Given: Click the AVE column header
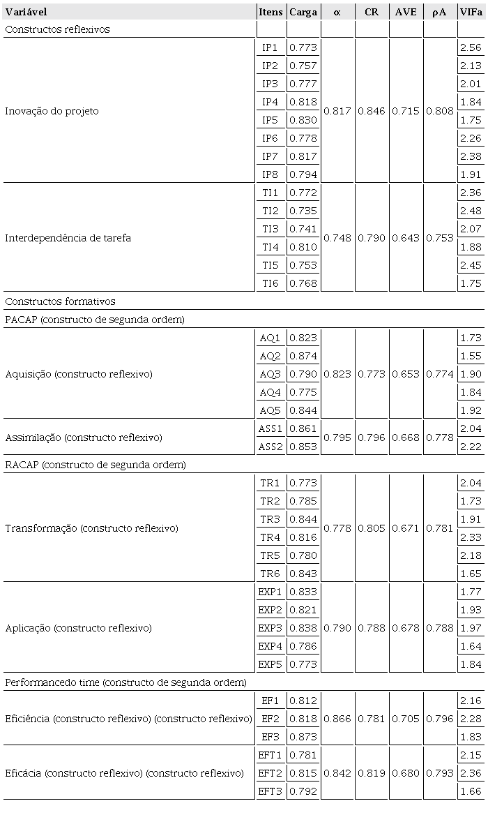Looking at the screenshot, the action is tap(406, 12).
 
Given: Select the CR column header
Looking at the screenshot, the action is tap(372, 12).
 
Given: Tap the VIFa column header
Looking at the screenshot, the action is tap(471, 12).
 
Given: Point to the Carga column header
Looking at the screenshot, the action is tap(303, 12).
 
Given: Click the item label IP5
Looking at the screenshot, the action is tap(270, 120).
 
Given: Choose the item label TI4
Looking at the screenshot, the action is tap(270, 247).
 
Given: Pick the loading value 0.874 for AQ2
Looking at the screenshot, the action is tap(303, 356).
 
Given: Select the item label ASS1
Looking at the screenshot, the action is tap(270, 428).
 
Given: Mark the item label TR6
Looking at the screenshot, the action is tap(270, 574).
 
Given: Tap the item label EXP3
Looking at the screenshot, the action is tap(270, 628).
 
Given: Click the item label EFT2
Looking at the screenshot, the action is tap(270, 773).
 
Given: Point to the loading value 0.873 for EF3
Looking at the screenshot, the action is tap(303, 737).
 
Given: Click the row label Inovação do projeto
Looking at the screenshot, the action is tap(52, 111).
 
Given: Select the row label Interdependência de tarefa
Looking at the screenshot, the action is tap(68, 238).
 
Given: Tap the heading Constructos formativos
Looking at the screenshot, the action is tap(60, 301).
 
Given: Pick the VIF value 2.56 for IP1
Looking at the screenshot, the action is tap(471, 47).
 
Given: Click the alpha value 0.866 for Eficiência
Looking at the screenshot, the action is tap(337, 719).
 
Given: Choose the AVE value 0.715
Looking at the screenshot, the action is tap(406, 111).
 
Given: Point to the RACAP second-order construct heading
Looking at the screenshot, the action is tap(96, 465).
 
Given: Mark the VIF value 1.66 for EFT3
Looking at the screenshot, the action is tap(471, 791).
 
